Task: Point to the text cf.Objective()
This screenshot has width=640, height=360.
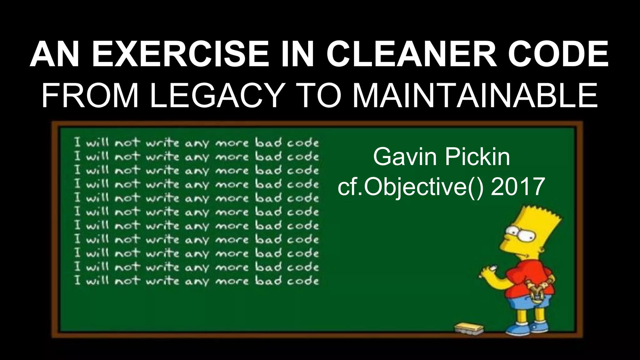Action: [411, 187]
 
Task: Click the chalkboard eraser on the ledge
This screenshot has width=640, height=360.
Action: [469, 328]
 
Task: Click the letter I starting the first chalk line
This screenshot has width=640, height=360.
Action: [78, 143]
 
